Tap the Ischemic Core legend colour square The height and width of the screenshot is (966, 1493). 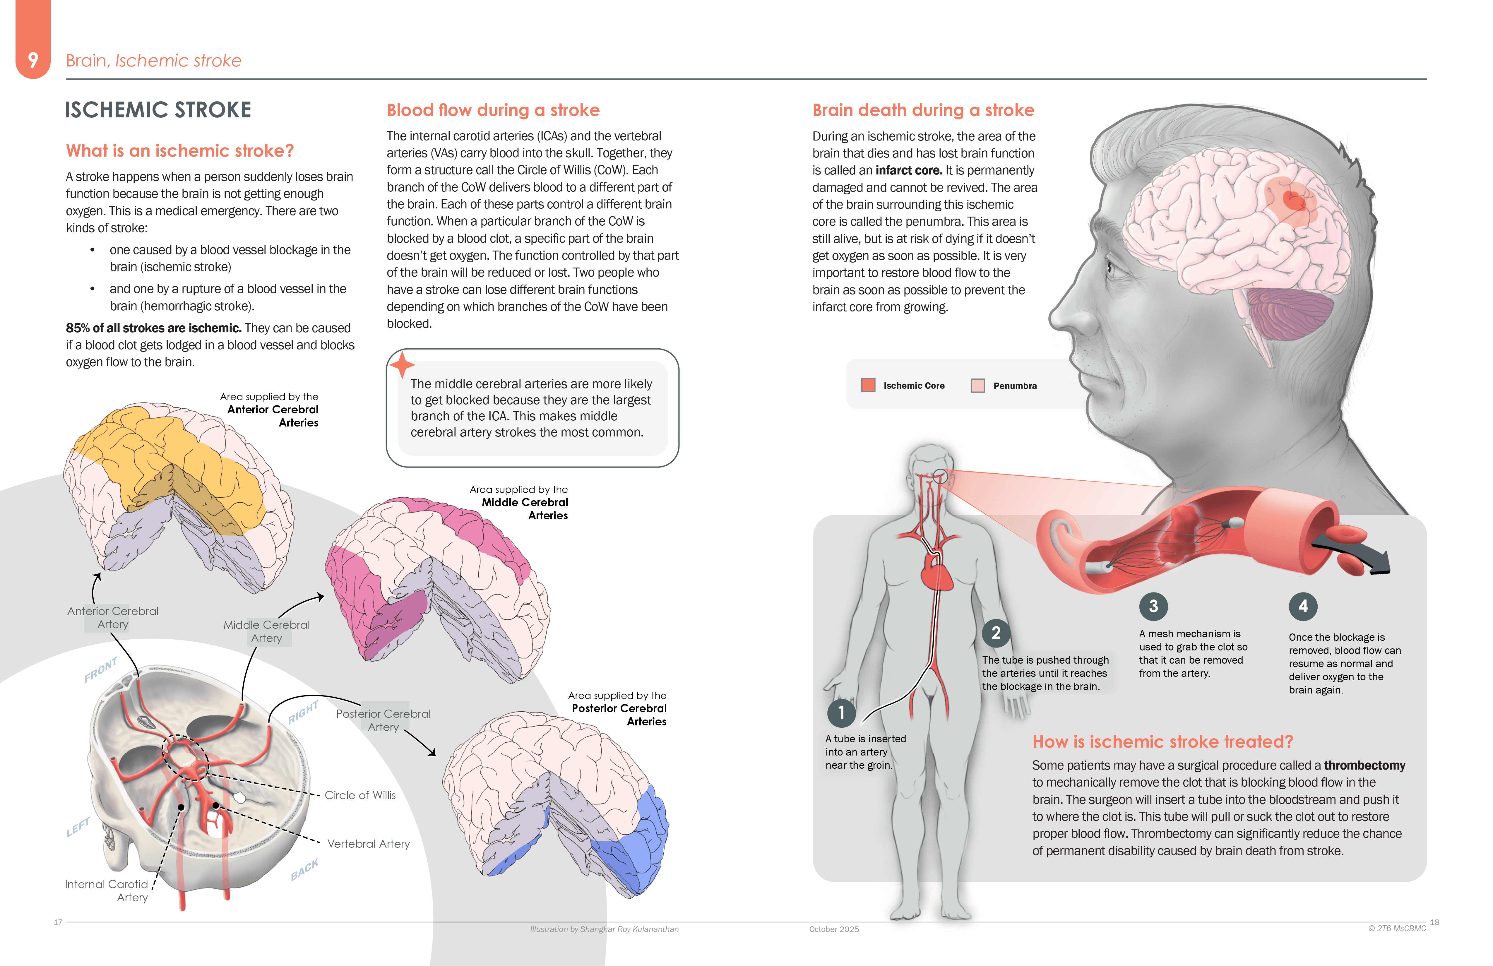tap(868, 385)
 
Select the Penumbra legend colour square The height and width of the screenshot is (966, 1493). tap(977, 385)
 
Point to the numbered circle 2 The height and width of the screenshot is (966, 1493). tap(996, 633)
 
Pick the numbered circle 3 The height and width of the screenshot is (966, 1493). tap(1153, 606)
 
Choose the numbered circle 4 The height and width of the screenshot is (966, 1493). tap(1303, 606)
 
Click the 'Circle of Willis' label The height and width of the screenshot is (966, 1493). tap(360, 795)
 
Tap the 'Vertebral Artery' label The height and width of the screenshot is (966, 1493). tap(368, 844)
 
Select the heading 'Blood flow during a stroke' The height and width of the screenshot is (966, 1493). tap(493, 110)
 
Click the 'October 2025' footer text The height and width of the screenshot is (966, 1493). tap(834, 929)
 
